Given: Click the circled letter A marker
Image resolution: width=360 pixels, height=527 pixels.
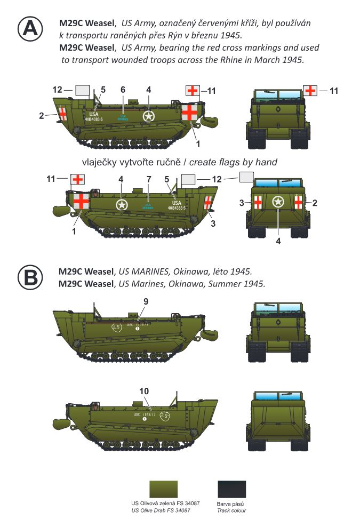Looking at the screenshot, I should [31, 29].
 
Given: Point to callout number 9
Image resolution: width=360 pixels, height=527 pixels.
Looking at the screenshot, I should [146, 301].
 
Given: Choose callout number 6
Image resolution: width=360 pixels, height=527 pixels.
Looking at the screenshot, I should [123, 90].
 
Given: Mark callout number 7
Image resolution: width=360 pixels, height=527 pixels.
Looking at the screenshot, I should [148, 179].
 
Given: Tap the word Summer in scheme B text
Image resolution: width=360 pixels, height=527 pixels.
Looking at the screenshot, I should [222, 284].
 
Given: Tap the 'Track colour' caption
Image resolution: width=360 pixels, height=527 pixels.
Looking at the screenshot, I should [231, 510].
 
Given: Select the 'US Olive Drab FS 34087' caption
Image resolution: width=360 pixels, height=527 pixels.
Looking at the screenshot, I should [161, 510].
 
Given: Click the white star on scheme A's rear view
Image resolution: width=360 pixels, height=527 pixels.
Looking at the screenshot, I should [278, 202].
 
